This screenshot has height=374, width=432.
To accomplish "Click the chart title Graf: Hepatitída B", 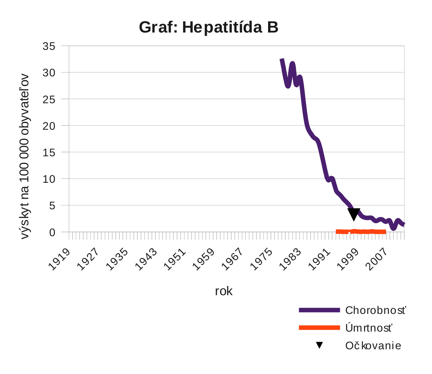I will pyautogui.click(x=209, y=27).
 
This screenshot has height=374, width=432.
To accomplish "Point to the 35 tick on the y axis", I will pyautogui.click(x=49, y=46).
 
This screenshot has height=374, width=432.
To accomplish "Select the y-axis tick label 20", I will pyautogui.click(x=49, y=126).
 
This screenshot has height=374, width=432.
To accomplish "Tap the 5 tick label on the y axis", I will pyautogui.click(x=52, y=205).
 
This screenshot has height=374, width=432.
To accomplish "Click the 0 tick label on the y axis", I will pyautogui.click(x=52, y=232).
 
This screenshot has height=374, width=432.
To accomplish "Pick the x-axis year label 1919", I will pyautogui.click(x=59, y=259).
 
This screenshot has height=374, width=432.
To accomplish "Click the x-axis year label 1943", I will pyautogui.click(x=146, y=259).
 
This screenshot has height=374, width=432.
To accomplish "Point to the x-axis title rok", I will pyautogui.click(x=224, y=291).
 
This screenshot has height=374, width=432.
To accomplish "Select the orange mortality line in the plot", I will pyautogui.click(x=361, y=232).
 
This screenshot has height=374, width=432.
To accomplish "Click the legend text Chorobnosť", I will pyautogui.click(x=375, y=310).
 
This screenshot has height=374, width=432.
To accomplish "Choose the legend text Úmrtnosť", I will pyautogui.click(x=369, y=328).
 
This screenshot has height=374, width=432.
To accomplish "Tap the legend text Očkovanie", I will pyautogui.click(x=373, y=346).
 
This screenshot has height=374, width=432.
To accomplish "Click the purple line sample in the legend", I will pyautogui.click(x=319, y=310).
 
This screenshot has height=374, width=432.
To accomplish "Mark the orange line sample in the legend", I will pyautogui.click(x=319, y=328).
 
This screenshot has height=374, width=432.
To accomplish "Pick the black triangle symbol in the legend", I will pyautogui.click(x=319, y=345).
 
